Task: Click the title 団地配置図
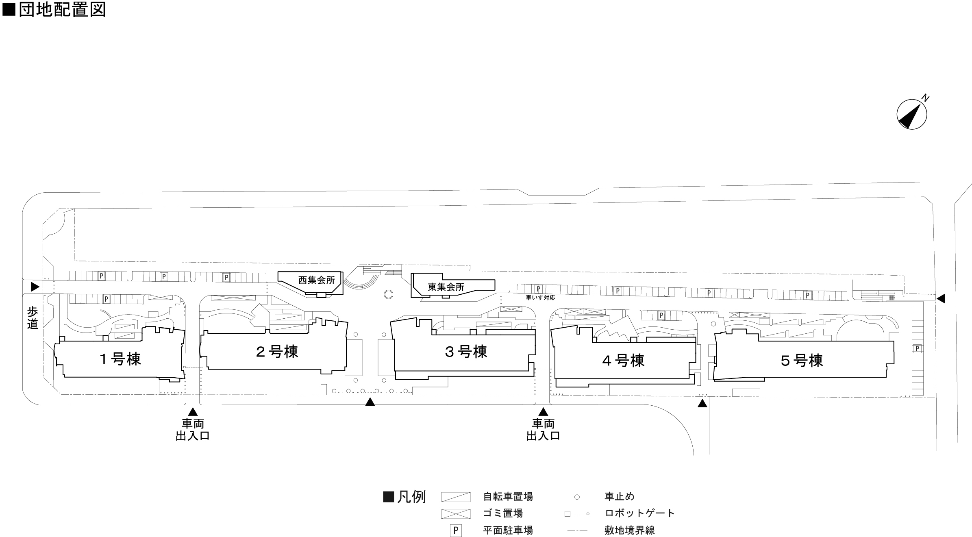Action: click(62, 9)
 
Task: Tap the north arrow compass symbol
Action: click(911, 115)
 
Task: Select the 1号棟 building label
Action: click(120, 359)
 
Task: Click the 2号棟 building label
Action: click(277, 352)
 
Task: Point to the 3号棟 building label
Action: click(466, 352)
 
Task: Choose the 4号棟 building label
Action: click(623, 361)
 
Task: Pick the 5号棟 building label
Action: click(802, 361)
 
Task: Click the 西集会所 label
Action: click(317, 280)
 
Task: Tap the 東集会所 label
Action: click(446, 287)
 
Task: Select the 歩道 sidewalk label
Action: click(33, 318)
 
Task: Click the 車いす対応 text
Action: click(540, 298)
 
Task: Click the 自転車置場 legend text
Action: click(508, 497)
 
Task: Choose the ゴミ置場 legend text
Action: click(503, 513)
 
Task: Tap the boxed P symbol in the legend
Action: click(456, 530)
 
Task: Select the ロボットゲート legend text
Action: click(640, 513)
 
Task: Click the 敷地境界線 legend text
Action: click(630, 530)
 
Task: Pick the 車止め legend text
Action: click(620, 497)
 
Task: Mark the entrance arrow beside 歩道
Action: click(35, 287)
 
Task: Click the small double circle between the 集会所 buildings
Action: click(388, 294)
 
